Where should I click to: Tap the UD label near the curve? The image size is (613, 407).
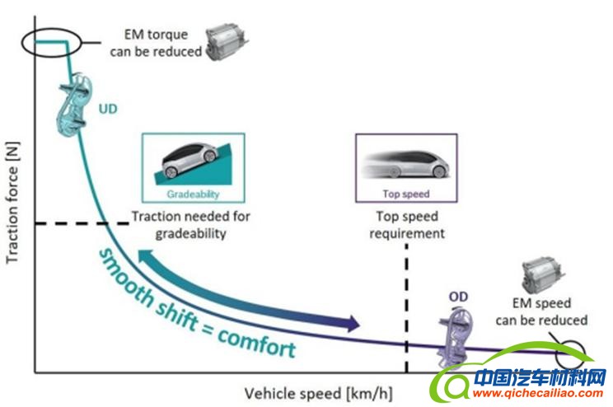coord(109,107)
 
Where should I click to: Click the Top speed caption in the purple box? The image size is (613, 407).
coord(406,194)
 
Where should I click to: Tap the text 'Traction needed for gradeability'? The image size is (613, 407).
coord(191,224)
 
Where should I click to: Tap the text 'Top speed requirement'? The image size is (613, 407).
coord(407,225)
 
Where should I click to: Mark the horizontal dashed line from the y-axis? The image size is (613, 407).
coord(69,222)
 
